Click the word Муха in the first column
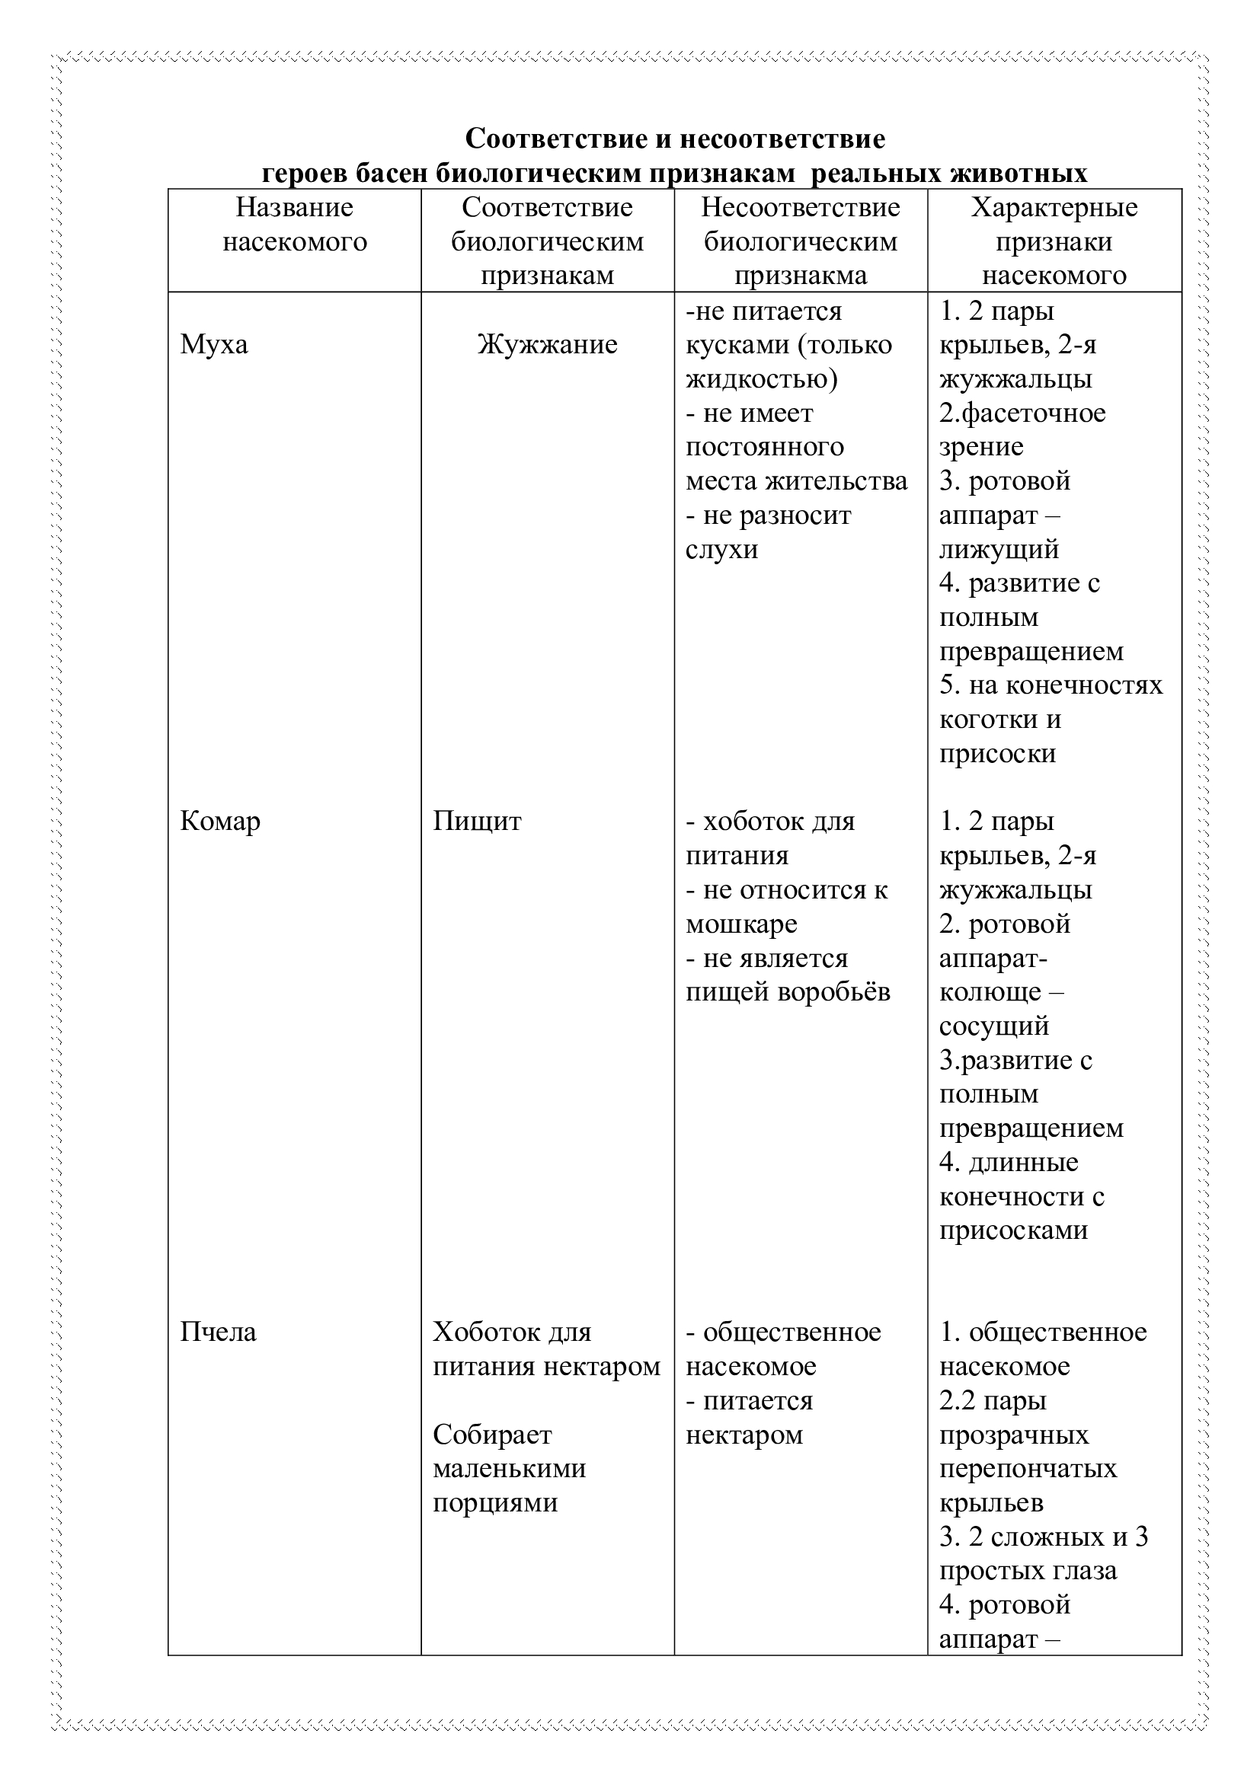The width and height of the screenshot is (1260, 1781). pos(214,344)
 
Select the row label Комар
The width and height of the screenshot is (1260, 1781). pos(220,821)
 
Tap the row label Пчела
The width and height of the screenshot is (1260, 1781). pos(218,1332)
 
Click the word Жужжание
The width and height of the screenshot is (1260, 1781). pos(547,344)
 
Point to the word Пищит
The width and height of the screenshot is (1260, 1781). pos(477,821)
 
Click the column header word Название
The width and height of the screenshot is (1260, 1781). pos(294,208)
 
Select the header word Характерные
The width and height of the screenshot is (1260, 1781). pos(1054,208)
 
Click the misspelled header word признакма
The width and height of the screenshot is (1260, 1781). pos(801,276)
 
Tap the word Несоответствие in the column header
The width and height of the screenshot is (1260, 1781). pos(801,208)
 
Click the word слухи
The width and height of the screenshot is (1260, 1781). pos(721,549)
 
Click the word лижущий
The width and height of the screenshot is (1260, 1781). pos(999,549)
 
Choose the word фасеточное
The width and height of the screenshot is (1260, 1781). pos(1032,413)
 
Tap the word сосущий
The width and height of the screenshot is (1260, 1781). pos(994,1026)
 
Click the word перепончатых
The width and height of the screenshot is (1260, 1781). pos(1028,1468)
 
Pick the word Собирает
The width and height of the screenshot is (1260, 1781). pos(492,1435)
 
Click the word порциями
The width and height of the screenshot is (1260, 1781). pos(495,1502)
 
